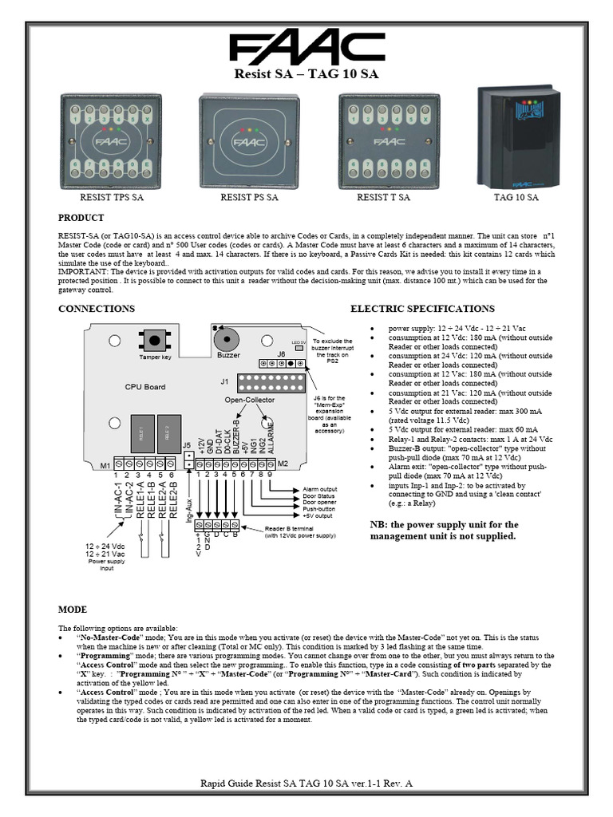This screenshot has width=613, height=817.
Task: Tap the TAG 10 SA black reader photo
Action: point(516,136)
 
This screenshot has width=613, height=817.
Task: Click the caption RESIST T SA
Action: point(383,197)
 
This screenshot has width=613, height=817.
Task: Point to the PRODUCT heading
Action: point(81,218)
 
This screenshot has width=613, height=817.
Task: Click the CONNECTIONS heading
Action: point(96,309)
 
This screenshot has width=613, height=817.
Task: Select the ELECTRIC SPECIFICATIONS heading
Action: point(422,309)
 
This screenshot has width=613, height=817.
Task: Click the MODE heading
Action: point(73,609)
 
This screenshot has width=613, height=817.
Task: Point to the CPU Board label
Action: point(145,387)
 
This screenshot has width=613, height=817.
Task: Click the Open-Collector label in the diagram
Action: point(249,399)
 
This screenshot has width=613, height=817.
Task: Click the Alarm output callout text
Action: point(319,489)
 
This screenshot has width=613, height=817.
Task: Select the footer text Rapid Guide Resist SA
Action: point(306,785)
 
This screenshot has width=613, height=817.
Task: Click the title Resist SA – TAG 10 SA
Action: point(306,76)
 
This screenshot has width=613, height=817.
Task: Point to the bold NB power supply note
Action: point(444,531)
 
